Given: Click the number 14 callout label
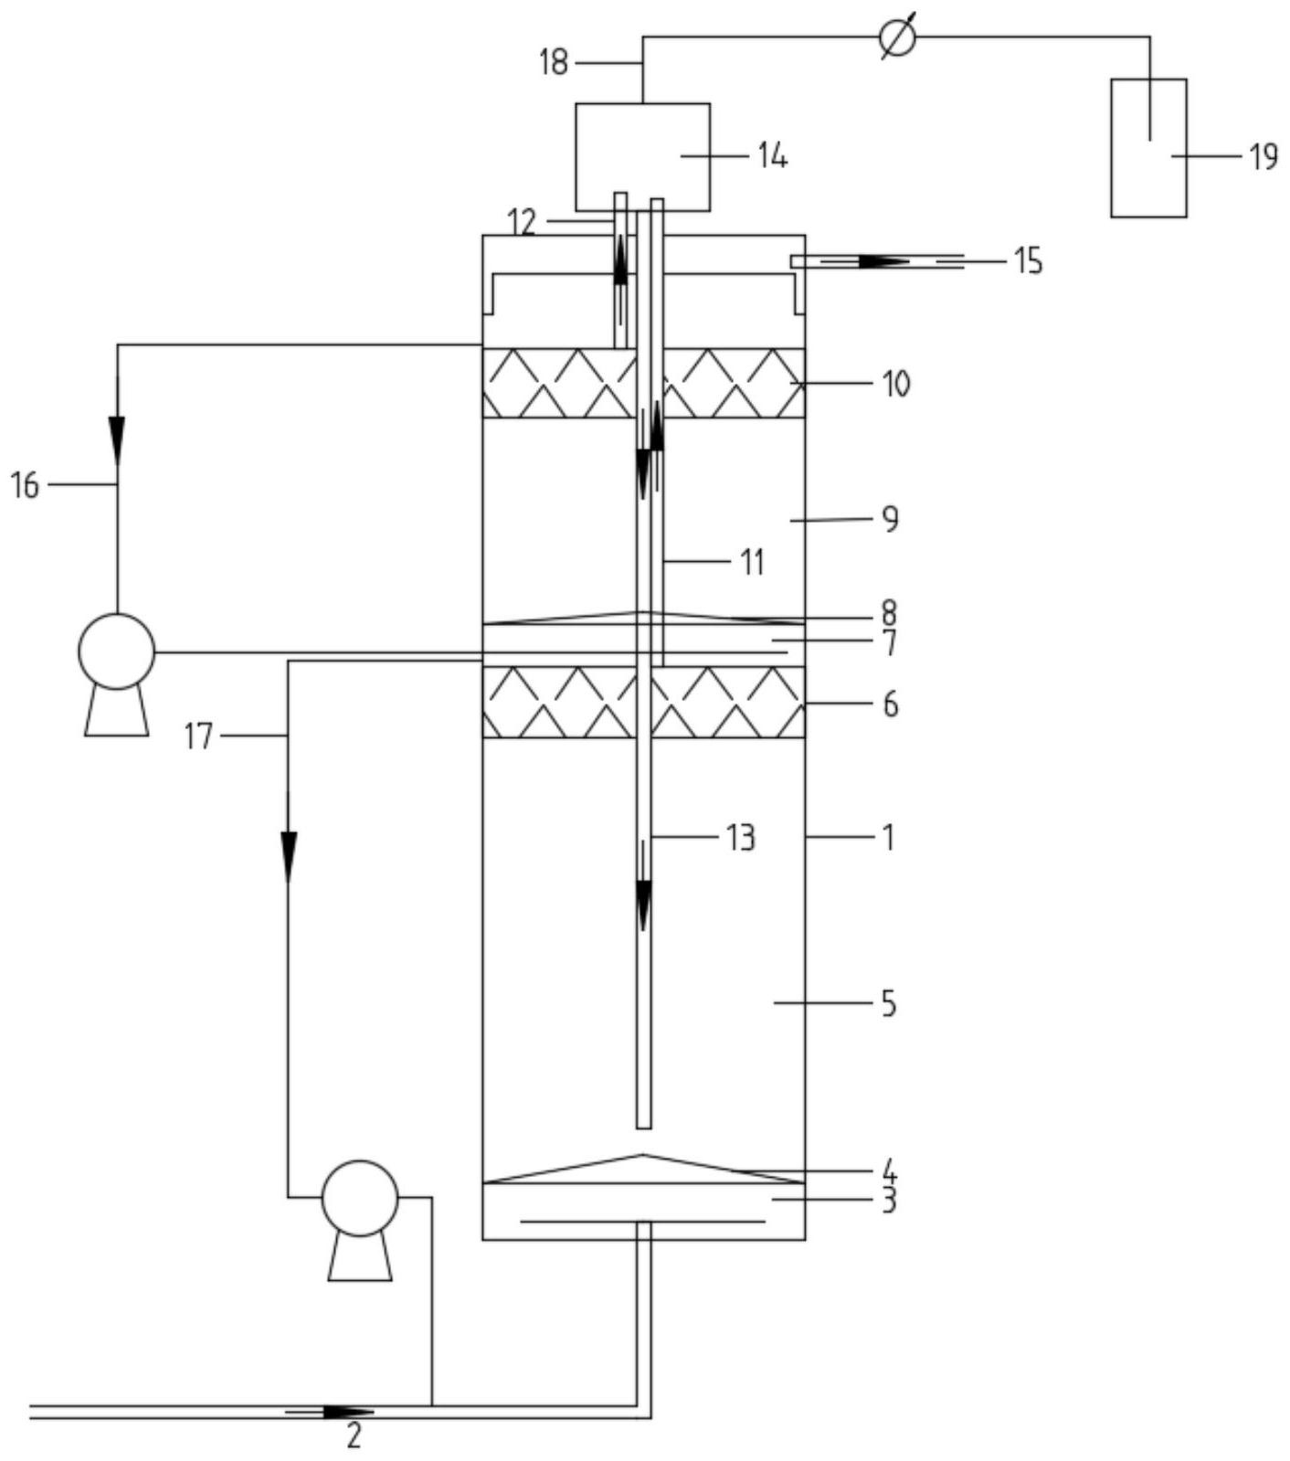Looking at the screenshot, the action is pyautogui.click(x=772, y=156).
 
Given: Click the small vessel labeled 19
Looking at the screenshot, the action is pyautogui.click(x=1148, y=148).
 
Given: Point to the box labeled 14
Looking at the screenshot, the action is pyautogui.click(x=642, y=156).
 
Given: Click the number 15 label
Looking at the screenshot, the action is pyautogui.click(x=1027, y=261).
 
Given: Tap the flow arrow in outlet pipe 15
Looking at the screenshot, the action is pyautogui.click(x=883, y=261).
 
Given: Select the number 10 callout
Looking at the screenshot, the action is pyautogui.click(x=896, y=383).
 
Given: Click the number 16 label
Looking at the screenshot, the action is pyautogui.click(x=26, y=485).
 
